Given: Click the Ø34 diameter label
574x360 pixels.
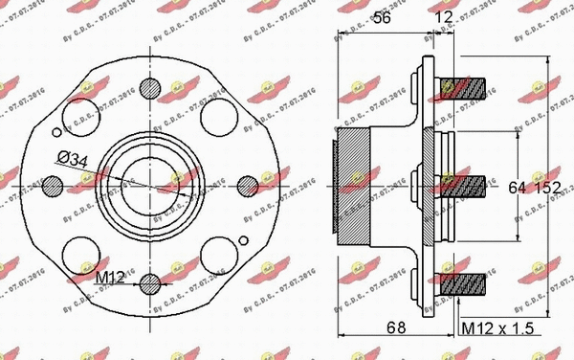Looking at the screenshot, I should [x=73, y=159].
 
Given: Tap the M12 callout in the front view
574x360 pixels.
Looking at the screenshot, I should [x=113, y=278].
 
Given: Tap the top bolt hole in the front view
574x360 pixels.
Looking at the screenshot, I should [x=150, y=87].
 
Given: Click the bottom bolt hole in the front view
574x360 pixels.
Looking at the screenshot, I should [x=150, y=283].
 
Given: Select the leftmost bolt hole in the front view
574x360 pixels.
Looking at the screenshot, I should [x=52, y=185].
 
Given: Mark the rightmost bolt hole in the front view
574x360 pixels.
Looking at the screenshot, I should [x=248, y=185].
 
